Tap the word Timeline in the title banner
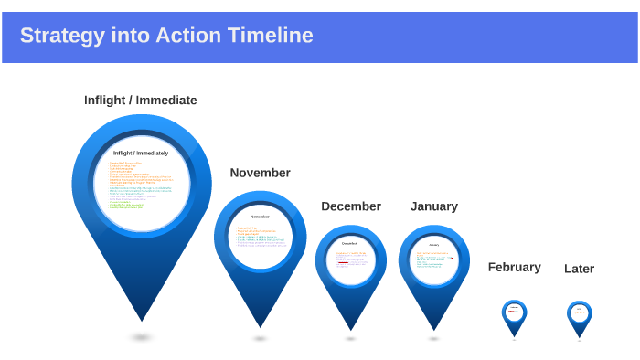pyautogui.click(x=270, y=36)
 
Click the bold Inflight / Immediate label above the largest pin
pyautogui.click(x=140, y=101)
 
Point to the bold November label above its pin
pyautogui.click(x=260, y=173)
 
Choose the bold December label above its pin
pyautogui.click(x=350, y=206)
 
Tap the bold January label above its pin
pyautogui.click(x=433, y=206)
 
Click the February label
pyautogui.click(x=514, y=268)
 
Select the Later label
pyautogui.click(x=579, y=269)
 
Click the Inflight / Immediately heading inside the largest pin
pyautogui.click(x=141, y=153)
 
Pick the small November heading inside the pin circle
pyautogui.click(x=260, y=217)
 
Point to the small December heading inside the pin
pyautogui.click(x=350, y=244)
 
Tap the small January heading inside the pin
pyautogui.click(x=433, y=245)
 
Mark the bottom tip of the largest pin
pyautogui.click(x=141, y=319)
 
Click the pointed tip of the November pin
pyautogui.click(x=260, y=326)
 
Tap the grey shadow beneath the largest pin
pyautogui.click(x=141, y=337)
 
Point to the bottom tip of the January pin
pyautogui.click(x=433, y=329)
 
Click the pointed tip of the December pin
pyautogui.click(x=350, y=329)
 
